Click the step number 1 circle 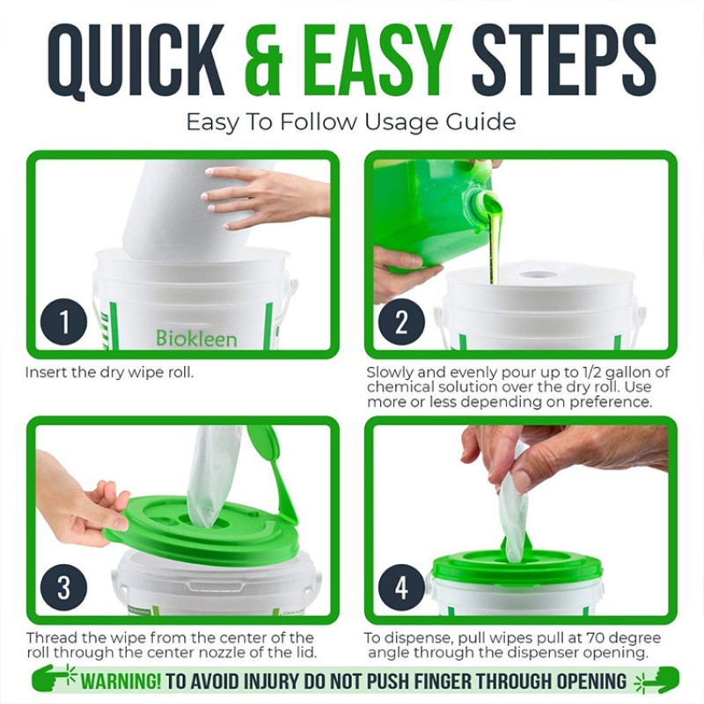pos(63,323)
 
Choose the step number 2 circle pos(401,323)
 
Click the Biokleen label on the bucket pos(196,338)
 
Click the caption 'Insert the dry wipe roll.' pos(109,372)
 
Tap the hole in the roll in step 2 pos(538,275)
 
